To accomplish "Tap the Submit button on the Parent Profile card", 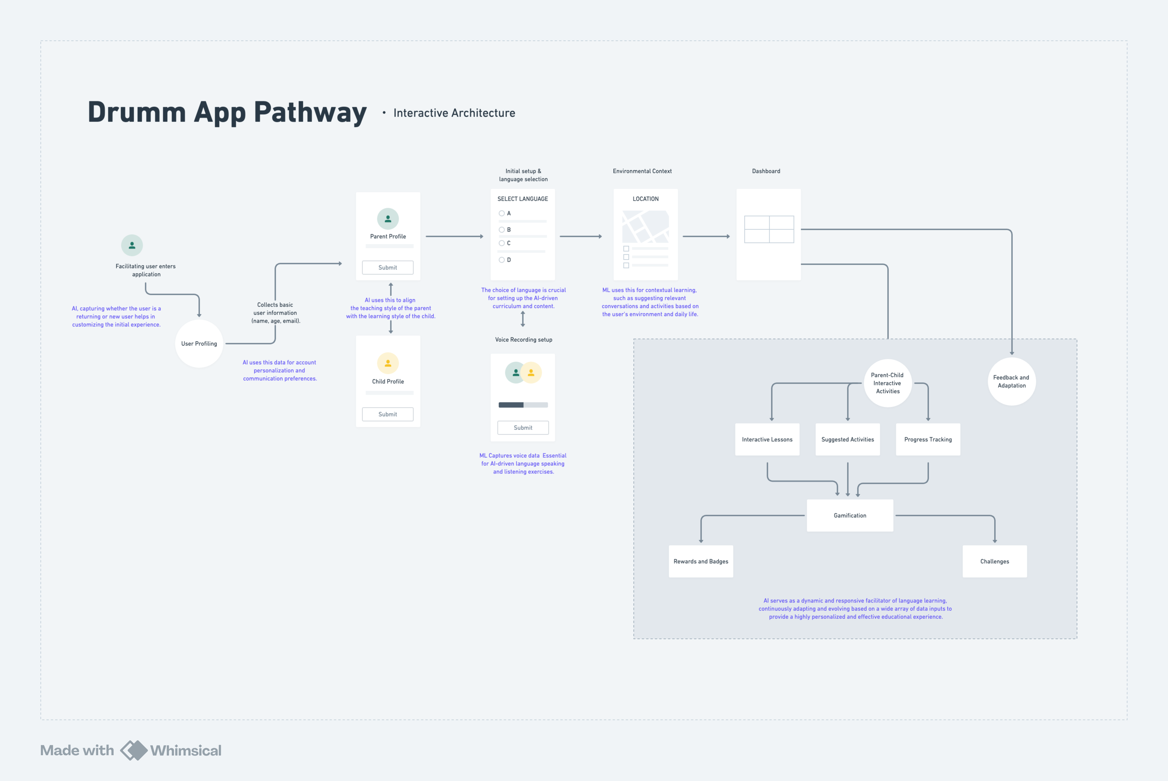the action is click(388, 267).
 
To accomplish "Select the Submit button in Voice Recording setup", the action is click(523, 428).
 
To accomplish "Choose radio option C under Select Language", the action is click(502, 243).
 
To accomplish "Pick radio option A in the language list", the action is click(502, 213).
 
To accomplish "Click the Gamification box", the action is click(850, 516).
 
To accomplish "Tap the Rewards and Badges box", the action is click(701, 561).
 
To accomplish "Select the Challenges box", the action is click(995, 561).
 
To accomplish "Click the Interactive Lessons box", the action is click(767, 439).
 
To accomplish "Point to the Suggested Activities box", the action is click(848, 439).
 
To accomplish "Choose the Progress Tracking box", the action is click(928, 439).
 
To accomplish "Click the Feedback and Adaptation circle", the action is click(1012, 382).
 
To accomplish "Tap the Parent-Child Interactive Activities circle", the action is click(888, 383).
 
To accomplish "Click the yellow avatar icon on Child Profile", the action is click(388, 363).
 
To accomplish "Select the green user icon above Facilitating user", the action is click(132, 245).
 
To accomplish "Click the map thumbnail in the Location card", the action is click(646, 226).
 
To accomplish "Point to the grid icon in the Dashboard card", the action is click(769, 229).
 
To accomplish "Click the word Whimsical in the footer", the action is click(186, 751).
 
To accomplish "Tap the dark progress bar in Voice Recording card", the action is click(511, 405).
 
